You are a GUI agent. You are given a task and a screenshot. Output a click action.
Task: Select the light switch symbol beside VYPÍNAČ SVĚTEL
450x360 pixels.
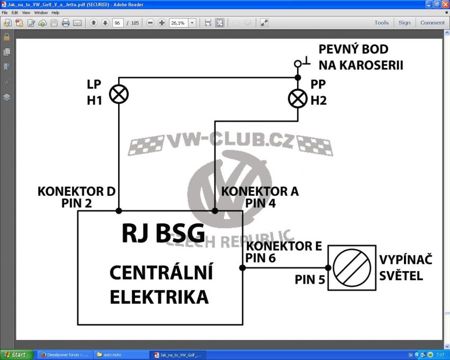tap(352, 267)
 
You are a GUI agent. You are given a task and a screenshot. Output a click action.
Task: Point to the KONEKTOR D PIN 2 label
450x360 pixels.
tap(76, 196)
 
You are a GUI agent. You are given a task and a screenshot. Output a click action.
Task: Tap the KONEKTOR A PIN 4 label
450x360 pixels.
tap(260, 196)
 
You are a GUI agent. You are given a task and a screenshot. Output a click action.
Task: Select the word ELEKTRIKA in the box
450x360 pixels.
tap(159, 296)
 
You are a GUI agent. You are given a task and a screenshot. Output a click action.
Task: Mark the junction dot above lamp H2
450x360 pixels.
tap(298, 78)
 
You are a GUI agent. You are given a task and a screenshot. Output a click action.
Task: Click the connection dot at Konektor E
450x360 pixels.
tap(242, 268)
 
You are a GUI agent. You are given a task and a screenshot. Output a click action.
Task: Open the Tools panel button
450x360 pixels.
tap(381, 23)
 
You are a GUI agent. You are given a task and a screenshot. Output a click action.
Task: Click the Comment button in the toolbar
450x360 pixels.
tap(433, 23)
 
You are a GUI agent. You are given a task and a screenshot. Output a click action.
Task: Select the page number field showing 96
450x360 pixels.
tap(118, 23)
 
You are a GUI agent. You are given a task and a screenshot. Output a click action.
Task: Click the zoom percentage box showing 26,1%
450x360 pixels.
tap(178, 23)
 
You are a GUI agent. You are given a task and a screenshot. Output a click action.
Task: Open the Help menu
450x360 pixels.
tap(56, 12)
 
